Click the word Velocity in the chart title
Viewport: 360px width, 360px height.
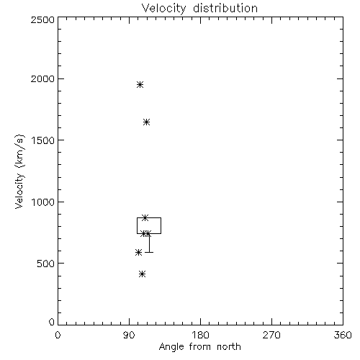[164, 9]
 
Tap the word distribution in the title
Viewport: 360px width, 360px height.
[225, 8]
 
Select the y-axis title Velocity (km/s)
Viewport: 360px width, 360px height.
[19, 171]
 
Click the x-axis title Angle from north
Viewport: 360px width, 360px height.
[200, 346]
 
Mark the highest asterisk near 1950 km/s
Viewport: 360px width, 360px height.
[140, 85]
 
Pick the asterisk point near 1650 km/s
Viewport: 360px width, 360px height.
[147, 122]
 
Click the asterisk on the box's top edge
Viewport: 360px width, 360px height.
[145, 218]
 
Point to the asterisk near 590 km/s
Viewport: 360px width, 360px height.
[138, 253]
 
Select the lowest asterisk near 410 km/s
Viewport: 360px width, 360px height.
[143, 274]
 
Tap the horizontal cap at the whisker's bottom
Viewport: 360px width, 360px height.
[149, 252]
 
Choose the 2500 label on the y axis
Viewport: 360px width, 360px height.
[42, 19]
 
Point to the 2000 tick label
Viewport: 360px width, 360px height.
[42, 78]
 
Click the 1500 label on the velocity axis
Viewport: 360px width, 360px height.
[43, 140]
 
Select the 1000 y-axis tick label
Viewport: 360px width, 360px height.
[43, 202]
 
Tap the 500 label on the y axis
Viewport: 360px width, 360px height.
[46, 264]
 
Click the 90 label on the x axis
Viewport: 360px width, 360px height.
[129, 335]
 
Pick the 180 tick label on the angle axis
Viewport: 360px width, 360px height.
[200, 335]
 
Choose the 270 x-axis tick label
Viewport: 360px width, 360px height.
[271, 335]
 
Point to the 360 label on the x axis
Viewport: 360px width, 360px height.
[343, 335]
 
